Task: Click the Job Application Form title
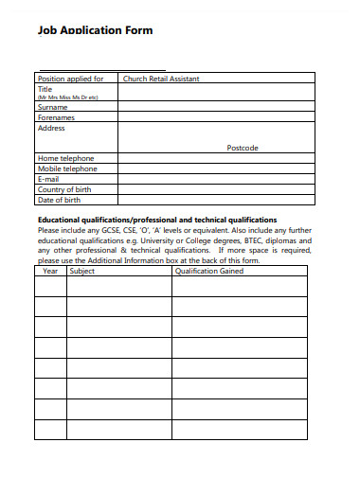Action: (x=95, y=30)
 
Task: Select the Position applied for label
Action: (x=70, y=79)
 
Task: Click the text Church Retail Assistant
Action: (x=161, y=79)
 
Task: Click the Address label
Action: (x=51, y=128)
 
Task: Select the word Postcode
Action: (x=243, y=148)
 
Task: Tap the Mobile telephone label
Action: (x=67, y=168)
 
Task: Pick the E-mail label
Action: (x=48, y=179)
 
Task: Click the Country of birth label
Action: (x=64, y=189)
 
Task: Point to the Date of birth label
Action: (x=60, y=200)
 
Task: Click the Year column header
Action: (x=50, y=271)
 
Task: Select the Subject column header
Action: (x=82, y=271)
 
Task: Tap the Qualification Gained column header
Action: (x=209, y=271)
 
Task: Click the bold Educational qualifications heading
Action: (x=156, y=219)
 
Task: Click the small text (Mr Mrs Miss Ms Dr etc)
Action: (x=67, y=97)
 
